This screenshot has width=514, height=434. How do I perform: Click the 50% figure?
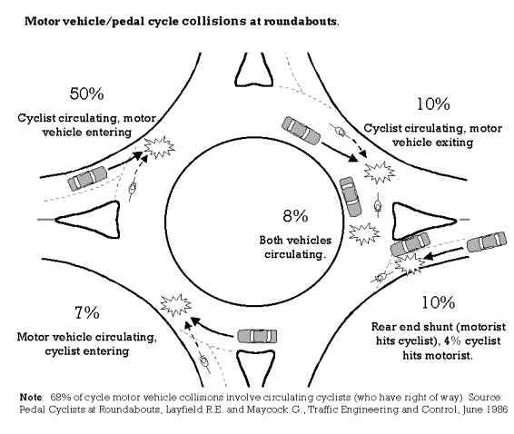(x=87, y=94)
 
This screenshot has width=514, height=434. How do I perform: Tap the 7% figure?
(x=87, y=312)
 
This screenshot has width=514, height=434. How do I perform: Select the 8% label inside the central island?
(x=295, y=216)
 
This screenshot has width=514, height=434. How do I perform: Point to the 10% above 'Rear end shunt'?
(x=439, y=302)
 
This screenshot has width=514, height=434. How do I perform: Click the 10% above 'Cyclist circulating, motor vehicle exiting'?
(x=433, y=104)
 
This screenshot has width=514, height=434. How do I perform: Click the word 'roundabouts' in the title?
(x=301, y=21)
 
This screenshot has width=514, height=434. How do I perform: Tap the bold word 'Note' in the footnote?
(x=31, y=398)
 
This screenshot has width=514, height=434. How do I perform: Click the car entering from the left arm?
(x=87, y=178)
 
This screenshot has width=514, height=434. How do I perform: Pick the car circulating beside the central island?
(x=351, y=196)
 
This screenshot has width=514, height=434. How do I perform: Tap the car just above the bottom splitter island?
(x=257, y=336)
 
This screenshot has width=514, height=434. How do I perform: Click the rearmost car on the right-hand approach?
(x=486, y=242)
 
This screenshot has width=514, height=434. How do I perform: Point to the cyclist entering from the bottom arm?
(x=204, y=363)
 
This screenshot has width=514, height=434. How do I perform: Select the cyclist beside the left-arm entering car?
(x=132, y=189)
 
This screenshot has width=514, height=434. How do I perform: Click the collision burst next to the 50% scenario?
(x=160, y=146)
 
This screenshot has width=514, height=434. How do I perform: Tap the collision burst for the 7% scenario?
(x=175, y=305)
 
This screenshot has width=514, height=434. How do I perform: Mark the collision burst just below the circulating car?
(x=364, y=233)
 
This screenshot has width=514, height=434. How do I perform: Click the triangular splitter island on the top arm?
(x=254, y=71)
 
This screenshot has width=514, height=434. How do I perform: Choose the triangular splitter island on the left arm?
(x=88, y=220)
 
